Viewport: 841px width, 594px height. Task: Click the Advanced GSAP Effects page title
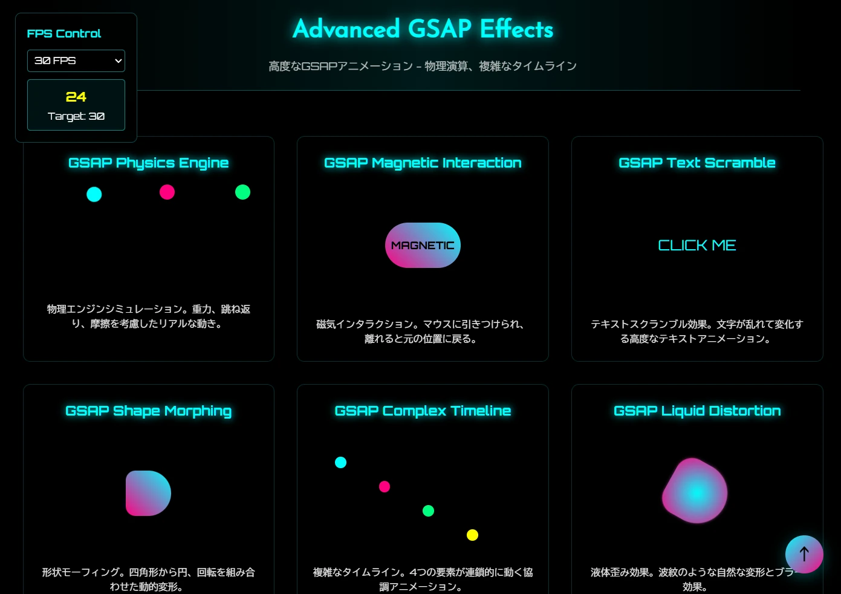click(x=423, y=29)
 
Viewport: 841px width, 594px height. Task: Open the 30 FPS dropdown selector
click(x=76, y=60)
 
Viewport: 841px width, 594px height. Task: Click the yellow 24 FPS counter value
click(x=76, y=97)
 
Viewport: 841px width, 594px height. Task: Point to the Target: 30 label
click(x=76, y=116)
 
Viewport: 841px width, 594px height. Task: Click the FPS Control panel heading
click(x=64, y=33)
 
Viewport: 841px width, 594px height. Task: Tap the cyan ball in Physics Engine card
click(x=94, y=194)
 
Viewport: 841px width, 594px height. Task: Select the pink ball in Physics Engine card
click(x=167, y=192)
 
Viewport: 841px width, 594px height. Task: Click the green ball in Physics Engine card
click(x=242, y=192)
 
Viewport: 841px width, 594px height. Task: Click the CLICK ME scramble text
click(x=697, y=245)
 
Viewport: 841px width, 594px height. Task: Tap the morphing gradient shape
click(x=148, y=493)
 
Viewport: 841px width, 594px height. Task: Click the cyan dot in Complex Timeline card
click(x=341, y=462)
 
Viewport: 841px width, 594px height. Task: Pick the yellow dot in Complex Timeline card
click(x=473, y=535)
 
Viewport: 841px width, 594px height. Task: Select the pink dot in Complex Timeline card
click(x=385, y=486)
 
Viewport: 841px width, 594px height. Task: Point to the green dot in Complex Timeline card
click(x=428, y=511)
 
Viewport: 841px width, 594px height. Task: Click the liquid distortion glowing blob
click(x=695, y=491)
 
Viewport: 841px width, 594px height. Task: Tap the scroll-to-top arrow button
click(x=804, y=554)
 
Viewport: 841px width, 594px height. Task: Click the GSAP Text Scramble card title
click(x=697, y=163)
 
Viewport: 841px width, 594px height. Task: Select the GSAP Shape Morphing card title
click(x=148, y=411)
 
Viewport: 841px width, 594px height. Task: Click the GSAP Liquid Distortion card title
click(x=697, y=411)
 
